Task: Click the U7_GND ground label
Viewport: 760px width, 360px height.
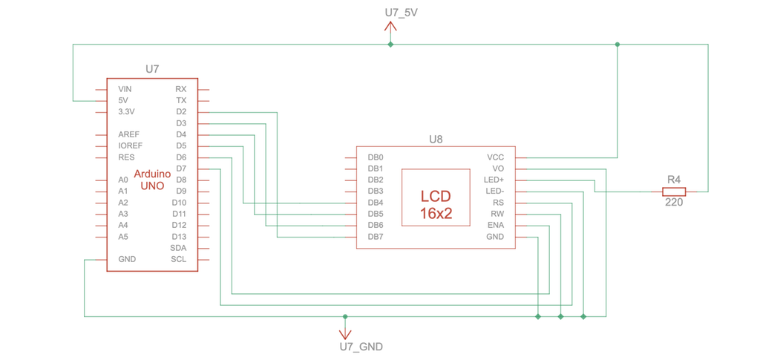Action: coord(361,347)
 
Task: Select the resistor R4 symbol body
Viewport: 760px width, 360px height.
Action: coord(674,192)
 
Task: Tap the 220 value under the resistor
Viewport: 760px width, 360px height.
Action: coord(674,202)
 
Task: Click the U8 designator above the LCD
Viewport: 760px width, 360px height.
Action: coord(436,139)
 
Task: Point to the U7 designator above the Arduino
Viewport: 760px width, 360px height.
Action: coord(152,69)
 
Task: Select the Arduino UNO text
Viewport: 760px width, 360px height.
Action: coord(152,180)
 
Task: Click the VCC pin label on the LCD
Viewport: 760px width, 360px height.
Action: coord(495,157)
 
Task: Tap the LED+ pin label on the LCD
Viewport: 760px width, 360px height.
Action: coord(494,180)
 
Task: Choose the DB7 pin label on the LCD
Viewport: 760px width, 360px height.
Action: coord(375,237)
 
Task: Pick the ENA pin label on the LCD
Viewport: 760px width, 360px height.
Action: coord(495,225)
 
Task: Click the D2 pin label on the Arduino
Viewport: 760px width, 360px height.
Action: coord(181,112)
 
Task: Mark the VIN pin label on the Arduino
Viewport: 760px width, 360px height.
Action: coord(125,89)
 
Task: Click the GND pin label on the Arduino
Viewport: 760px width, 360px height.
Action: coord(127,260)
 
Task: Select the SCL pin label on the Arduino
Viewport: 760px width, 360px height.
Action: coord(178,260)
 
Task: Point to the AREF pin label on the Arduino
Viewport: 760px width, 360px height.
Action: coord(129,134)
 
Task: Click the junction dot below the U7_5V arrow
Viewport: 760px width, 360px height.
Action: coord(390,45)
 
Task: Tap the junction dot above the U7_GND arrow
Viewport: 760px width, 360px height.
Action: coord(345,317)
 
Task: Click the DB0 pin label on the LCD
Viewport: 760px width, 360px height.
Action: coord(375,157)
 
